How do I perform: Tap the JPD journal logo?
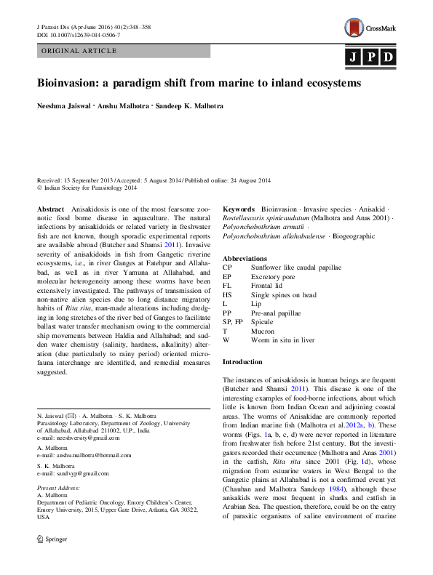click(372, 57)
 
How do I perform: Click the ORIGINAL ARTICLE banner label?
click(79, 51)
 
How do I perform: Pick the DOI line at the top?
click(79, 34)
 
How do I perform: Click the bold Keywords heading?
click(238, 209)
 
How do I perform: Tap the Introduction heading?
click(242, 361)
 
